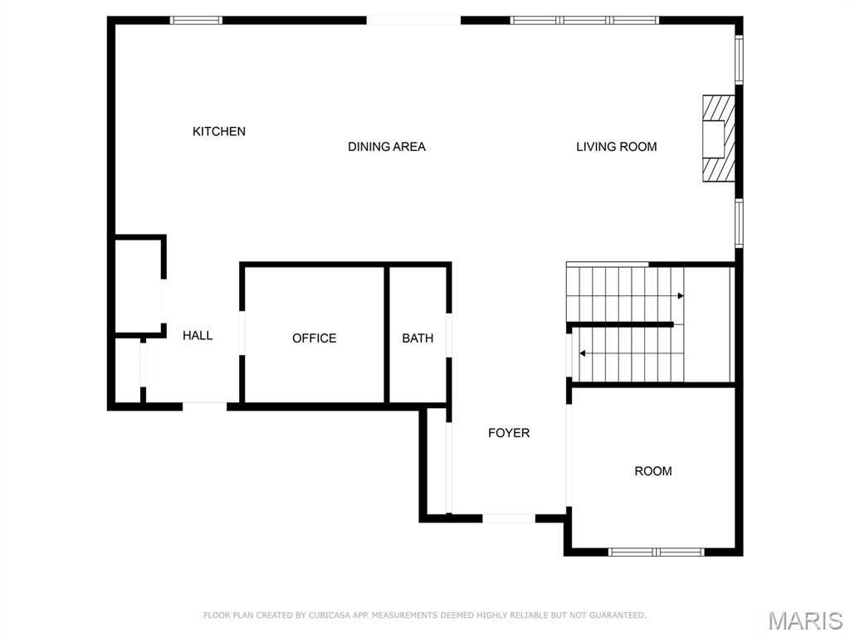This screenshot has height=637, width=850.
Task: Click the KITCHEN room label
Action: tap(219, 131)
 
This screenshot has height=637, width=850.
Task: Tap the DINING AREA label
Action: tap(386, 147)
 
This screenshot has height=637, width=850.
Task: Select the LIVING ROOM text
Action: tap(616, 147)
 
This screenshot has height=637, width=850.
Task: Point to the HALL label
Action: tap(198, 335)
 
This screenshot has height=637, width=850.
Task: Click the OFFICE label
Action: tap(314, 338)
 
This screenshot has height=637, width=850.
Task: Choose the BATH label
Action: tap(418, 338)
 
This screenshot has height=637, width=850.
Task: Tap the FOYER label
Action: tap(508, 433)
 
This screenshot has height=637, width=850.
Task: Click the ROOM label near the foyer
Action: tap(652, 471)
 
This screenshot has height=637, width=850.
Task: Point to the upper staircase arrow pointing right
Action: tap(680, 295)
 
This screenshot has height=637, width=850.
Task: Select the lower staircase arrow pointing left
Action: tap(583, 353)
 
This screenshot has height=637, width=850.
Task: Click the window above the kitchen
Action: tap(197, 20)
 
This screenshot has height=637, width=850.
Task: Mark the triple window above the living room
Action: tap(584, 20)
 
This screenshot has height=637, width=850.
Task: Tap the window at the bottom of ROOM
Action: tap(656, 552)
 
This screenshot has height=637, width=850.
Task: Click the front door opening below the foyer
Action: tap(509, 518)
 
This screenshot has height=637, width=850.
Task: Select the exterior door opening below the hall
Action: tap(204, 406)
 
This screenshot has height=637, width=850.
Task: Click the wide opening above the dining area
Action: tap(413, 20)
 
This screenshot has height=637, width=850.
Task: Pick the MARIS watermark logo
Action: tap(804, 620)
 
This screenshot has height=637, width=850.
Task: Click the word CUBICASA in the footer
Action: tap(328, 615)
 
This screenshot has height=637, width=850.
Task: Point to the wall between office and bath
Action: tap(387, 335)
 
